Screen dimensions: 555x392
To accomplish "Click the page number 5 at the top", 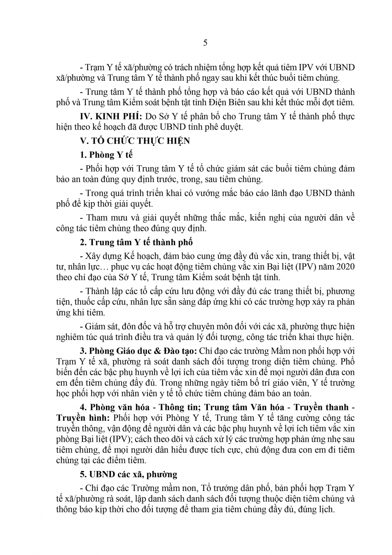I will pos(206,43).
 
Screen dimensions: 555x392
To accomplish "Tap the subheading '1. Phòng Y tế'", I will pos(106,155).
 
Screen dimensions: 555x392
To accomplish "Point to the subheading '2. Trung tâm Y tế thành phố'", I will pos(136,242).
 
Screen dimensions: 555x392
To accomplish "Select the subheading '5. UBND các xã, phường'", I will pos(129,474).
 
